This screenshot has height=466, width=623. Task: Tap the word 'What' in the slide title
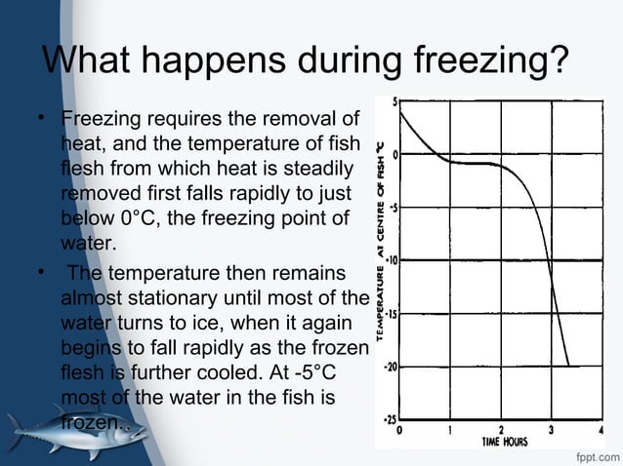click(87, 62)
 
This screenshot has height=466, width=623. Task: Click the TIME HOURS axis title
click(504, 441)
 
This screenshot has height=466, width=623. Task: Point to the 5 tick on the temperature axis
click(395, 102)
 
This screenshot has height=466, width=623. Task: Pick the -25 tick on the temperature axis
click(392, 419)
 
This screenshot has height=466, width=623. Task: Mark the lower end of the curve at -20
click(568, 365)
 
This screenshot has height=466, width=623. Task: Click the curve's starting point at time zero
click(401, 113)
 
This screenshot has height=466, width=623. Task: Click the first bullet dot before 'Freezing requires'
click(42, 122)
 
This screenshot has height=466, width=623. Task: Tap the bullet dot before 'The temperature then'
click(42, 271)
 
